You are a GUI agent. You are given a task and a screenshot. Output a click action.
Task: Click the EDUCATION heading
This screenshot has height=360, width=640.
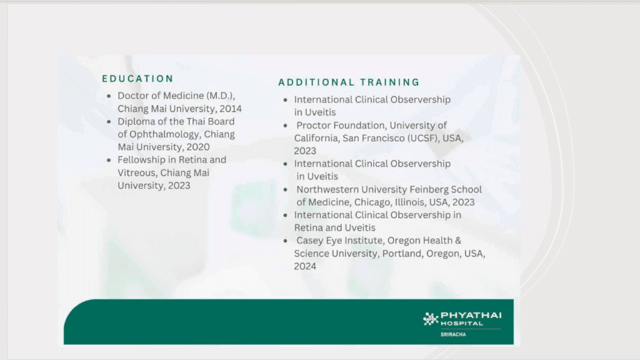(x=137, y=78)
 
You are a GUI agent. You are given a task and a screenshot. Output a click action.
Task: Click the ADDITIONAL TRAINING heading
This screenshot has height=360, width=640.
(x=349, y=82)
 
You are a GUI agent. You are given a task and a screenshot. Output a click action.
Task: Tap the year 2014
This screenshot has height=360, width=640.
(x=231, y=109)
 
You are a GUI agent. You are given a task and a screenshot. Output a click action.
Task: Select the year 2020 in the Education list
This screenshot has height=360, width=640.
(x=198, y=147)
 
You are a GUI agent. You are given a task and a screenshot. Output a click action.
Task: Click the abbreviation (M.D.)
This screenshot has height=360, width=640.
(x=221, y=96)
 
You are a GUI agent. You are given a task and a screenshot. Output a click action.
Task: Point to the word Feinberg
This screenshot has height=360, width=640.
(x=429, y=189)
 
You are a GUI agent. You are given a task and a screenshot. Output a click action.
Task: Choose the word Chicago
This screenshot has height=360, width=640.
(x=372, y=202)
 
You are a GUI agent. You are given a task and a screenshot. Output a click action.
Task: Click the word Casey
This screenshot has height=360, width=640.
(x=309, y=241)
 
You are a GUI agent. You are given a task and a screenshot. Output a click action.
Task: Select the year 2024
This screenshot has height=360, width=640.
(x=305, y=266)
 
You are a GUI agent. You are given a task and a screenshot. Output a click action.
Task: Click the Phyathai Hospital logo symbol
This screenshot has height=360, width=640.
(x=430, y=319)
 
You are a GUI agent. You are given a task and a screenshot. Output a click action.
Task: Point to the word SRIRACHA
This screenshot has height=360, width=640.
(x=453, y=334)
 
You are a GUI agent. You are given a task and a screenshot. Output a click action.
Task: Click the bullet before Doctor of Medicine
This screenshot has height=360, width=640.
(x=109, y=96)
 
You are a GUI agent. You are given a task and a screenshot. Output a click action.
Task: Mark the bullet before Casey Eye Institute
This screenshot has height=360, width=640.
(x=285, y=241)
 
